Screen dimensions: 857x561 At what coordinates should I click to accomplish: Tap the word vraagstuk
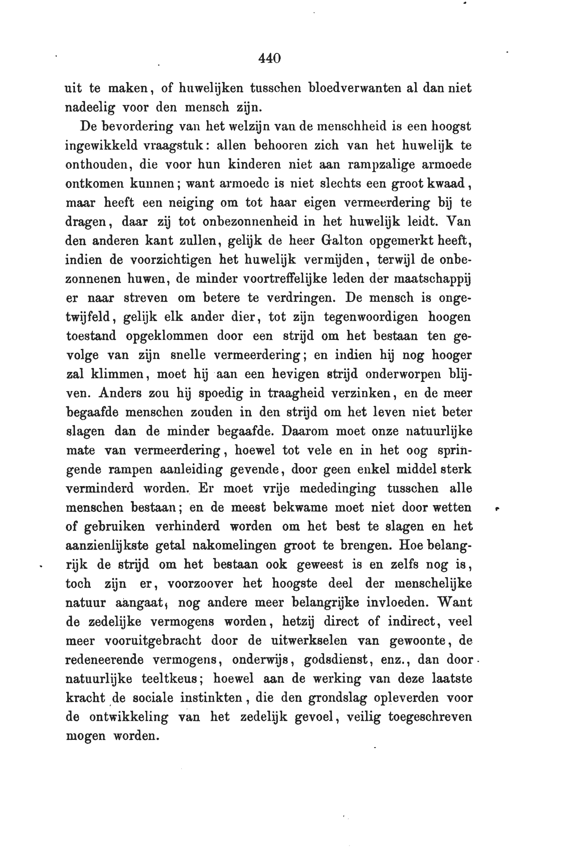click(175, 146)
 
